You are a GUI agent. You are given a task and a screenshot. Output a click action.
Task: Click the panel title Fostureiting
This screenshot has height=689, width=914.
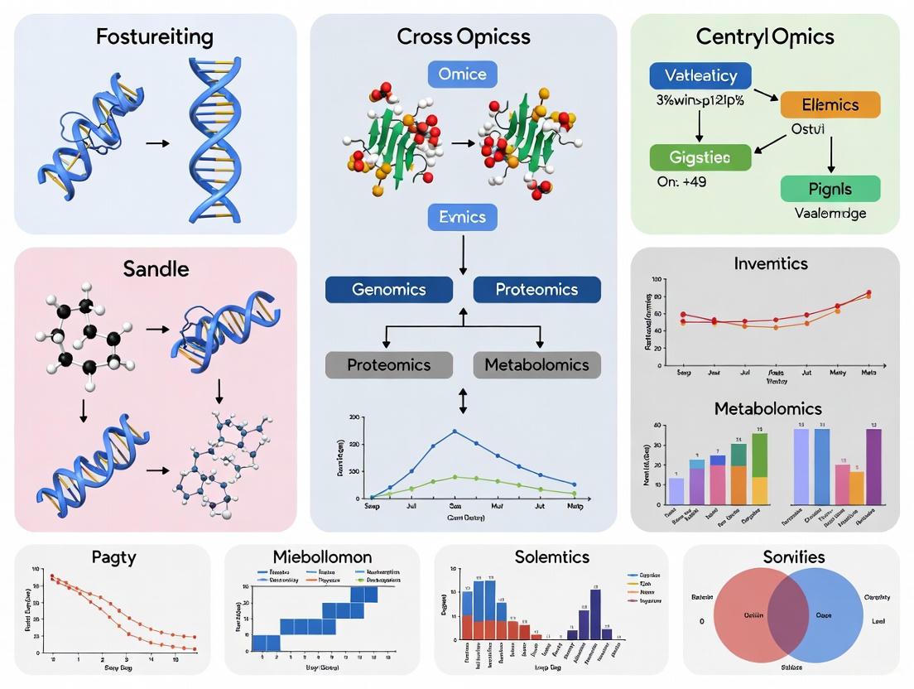tap(154, 37)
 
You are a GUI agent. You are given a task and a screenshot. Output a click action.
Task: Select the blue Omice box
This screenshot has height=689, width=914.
tap(463, 75)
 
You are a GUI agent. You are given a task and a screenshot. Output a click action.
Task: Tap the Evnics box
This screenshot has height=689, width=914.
tap(463, 217)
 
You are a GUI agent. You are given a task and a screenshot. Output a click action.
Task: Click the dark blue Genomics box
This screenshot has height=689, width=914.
tap(389, 290)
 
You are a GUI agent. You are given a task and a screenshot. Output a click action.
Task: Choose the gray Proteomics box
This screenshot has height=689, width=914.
tap(389, 365)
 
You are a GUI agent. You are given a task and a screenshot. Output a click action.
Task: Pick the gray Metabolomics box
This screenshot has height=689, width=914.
tap(536, 365)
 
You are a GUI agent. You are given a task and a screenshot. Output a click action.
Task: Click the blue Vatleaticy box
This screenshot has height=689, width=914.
tap(700, 75)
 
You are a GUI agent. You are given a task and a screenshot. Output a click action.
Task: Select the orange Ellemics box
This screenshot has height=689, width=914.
tap(830, 105)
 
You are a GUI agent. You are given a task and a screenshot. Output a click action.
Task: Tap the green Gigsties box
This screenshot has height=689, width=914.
tap(700, 157)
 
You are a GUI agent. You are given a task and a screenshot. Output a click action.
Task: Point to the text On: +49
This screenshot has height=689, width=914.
tap(681, 181)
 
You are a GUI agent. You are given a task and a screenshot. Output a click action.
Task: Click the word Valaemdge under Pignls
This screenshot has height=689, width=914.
tap(830, 213)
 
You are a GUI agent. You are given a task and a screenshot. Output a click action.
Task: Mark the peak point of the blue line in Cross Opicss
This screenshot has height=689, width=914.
tap(455, 431)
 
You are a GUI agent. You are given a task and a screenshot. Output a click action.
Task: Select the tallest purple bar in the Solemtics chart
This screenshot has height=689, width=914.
tap(595, 614)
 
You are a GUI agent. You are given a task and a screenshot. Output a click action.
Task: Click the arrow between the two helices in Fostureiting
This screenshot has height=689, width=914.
tap(156, 143)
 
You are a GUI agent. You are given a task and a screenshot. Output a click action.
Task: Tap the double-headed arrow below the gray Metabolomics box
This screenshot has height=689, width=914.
tap(463, 402)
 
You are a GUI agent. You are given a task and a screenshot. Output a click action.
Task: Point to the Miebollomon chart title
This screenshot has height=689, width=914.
tap(322, 556)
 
